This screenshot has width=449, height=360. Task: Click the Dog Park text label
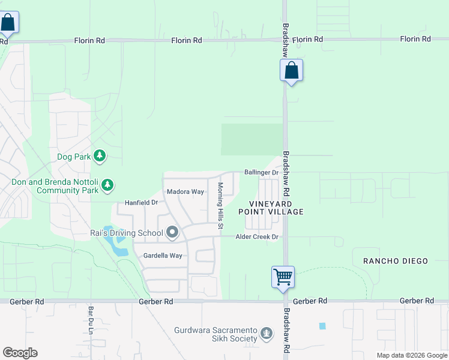[73, 157]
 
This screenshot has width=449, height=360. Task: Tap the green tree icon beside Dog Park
[100, 157]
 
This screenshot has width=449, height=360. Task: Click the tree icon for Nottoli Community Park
[107, 185]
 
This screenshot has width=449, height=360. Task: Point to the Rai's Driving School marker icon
[172, 232]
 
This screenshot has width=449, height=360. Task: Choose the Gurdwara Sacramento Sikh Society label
[215, 334]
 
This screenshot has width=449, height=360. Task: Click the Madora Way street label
[185, 192]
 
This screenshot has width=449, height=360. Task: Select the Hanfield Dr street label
[141, 203]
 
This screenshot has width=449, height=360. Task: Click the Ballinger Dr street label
[261, 173]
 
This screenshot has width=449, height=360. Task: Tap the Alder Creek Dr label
[257, 237]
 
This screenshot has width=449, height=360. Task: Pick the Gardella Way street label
[162, 256]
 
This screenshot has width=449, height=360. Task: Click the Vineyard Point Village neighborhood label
[271, 208]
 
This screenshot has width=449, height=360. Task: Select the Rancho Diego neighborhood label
[396, 261]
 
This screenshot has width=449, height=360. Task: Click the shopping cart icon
[283, 277]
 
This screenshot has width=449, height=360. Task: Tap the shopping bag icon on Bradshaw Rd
[291, 71]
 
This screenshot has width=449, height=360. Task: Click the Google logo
[20, 353]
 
